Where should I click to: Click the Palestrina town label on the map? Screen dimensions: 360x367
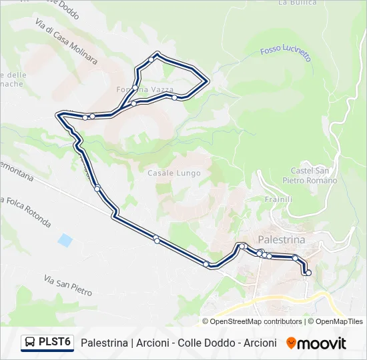coord(281,240)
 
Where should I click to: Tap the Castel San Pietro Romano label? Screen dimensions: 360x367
coord(314,176)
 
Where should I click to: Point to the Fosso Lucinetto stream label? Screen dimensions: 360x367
coord(286,53)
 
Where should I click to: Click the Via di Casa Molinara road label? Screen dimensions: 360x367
coord(66,41)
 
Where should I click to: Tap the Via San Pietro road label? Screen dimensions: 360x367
coord(67,285)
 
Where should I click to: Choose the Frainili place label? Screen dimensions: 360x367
coord(278,199)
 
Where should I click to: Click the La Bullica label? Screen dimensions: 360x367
coord(292,3)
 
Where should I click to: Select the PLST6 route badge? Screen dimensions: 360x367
coord(47,343)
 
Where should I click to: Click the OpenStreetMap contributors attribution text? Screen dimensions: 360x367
coord(256,321)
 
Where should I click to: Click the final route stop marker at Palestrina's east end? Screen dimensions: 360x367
coord(308,273)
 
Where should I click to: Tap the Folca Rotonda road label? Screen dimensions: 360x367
coord(27,211)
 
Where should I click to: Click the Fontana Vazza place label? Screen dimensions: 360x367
coord(145,89)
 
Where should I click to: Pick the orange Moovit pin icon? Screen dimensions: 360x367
coord(291,343)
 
